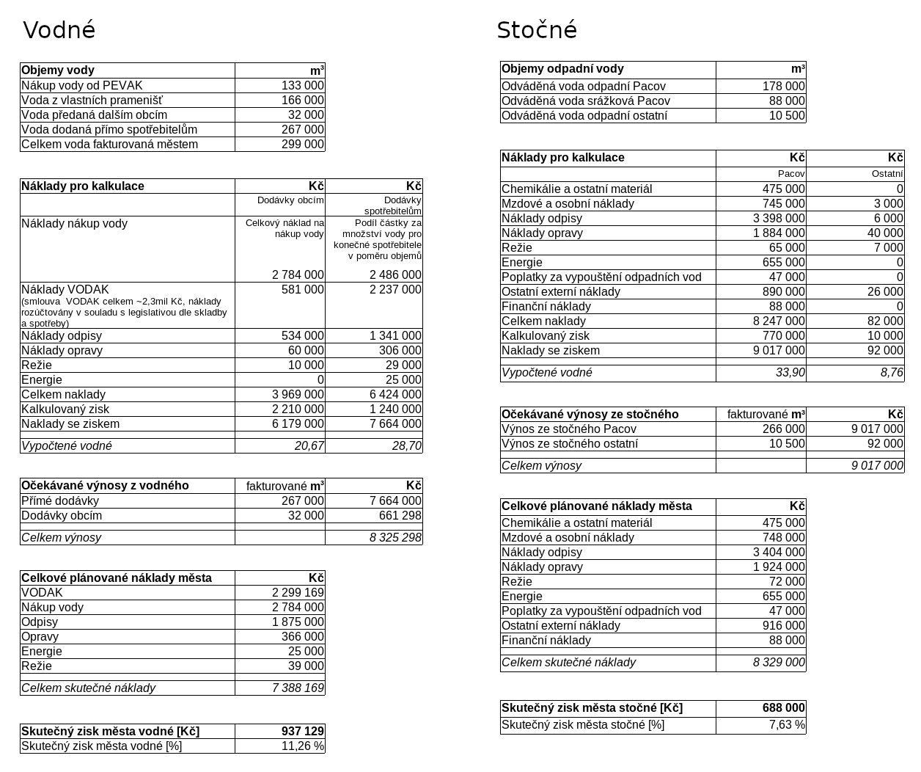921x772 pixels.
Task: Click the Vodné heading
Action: point(59,30)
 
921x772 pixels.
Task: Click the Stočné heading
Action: point(537,30)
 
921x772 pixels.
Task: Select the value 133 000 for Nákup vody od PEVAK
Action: point(302,86)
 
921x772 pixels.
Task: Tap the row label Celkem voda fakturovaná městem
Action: point(109,145)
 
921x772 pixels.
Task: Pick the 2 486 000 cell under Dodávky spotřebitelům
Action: point(395,275)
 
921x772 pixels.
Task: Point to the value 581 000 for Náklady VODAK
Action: point(302,290)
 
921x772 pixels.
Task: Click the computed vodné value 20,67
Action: point(309,446)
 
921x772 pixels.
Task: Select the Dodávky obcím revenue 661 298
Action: point(400,516)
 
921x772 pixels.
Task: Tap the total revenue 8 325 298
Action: point(395,538)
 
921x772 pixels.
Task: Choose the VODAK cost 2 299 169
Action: point(298,593)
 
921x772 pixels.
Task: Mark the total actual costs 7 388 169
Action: point(298,688)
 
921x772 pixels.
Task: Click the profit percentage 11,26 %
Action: point(302,746)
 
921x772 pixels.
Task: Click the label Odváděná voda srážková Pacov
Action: point(585,101)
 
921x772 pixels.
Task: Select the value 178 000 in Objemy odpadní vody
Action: point(783,87)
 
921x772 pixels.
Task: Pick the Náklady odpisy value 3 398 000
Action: point(779,219)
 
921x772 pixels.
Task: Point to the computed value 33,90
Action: point(790,373)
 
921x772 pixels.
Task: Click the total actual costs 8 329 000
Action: point(779,663)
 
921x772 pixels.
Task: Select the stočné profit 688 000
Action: point(783,708)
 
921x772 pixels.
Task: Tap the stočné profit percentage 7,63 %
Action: point(786,725)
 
